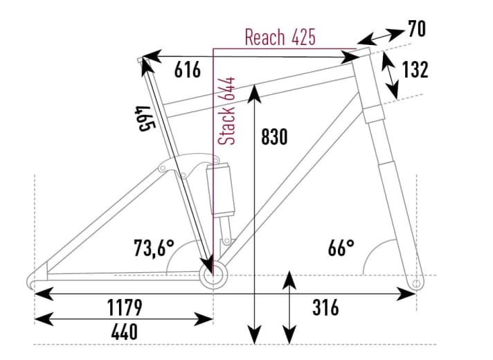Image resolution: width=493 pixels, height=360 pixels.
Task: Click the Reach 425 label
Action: [x=280, y=37]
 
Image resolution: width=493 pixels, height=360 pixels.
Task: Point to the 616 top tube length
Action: [x=187, y=70]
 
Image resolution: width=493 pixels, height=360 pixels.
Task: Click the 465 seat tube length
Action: [x=143, y=118]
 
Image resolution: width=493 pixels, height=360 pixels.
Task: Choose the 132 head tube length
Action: [x=415, y=70]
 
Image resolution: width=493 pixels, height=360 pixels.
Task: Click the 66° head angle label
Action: [x=341, y=247]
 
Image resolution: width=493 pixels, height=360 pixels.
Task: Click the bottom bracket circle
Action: [x=213, y=274]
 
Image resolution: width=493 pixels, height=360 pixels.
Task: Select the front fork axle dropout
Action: [x=415, y=283]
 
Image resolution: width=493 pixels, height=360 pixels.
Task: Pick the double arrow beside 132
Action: [x=391, y=76]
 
